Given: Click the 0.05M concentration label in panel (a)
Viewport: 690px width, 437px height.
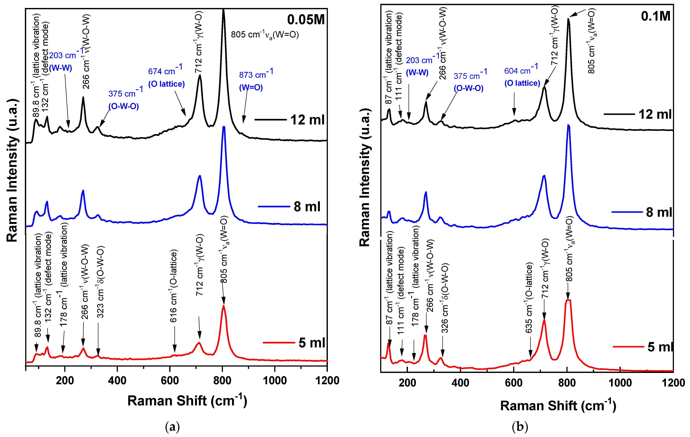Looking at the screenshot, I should click(306, 20).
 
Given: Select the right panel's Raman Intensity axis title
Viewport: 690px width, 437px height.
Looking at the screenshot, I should click(365, 178).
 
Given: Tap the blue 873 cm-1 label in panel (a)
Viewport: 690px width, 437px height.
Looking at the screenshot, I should click(256, 74).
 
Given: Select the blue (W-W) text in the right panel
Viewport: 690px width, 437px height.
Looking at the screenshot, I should click(417, 73).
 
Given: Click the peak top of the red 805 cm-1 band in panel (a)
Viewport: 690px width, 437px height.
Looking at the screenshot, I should click(223, 306).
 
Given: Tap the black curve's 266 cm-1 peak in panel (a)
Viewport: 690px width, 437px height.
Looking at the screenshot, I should click(83, 97).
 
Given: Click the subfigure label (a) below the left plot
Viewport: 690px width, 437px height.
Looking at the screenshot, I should click(173, 427).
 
